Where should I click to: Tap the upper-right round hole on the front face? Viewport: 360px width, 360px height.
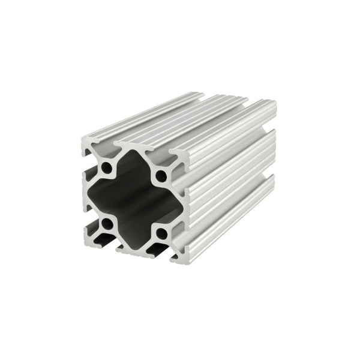pyautogui.click(x=161, y=176)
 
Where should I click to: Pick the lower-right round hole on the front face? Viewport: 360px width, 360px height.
pyautogui.click(x=161, y=233)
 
